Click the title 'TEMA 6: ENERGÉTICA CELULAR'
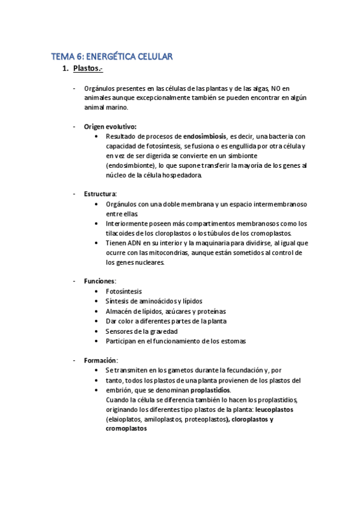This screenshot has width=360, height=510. point(112,57)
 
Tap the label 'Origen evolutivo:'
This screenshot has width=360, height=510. point(110,126)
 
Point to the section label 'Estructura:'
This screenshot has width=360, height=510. point(100,194)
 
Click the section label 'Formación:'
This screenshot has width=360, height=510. point(101,360)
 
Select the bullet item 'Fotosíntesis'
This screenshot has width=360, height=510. point(124,291)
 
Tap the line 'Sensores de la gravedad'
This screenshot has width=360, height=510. point(141,331)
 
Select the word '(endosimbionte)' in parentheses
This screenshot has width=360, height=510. point(132,165)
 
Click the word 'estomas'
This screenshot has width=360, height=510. point(233,341)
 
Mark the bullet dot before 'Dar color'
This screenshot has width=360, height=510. point(97,321)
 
